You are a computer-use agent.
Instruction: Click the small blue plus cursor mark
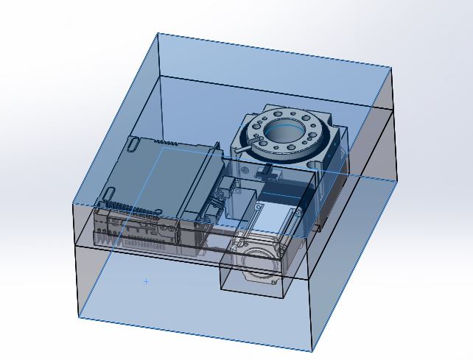click(x=147, y=281)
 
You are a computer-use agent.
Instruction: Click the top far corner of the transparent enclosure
click(x=157, y=33)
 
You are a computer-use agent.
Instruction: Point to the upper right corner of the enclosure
click(x=391, y=68)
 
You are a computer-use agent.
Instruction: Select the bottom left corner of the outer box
click(x=79, y=318)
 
